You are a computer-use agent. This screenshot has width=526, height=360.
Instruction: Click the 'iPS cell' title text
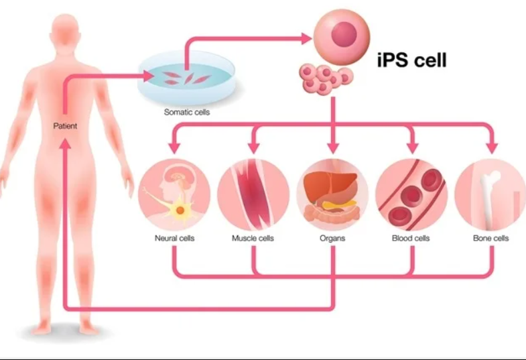[x=412, y=60]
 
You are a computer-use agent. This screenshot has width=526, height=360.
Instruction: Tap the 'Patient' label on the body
[x=65, y=126]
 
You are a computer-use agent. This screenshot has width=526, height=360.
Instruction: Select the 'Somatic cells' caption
[x=187, y=112]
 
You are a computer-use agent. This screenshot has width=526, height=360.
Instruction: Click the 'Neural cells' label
[x=174, y=238]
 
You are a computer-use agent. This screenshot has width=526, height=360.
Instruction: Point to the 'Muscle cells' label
[x=253, y=238]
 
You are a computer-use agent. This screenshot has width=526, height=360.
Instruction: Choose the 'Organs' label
[x=332, y=238]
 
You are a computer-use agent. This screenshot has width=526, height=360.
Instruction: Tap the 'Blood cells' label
[x=411, y=238]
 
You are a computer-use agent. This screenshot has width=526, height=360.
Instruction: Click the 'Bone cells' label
[x=490, y=238]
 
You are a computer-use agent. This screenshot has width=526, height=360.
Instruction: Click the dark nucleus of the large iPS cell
[x=344, y=35]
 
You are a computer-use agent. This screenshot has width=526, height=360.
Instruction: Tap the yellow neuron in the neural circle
[x=180, y=210]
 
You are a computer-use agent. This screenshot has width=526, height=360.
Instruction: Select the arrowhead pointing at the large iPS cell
[x=307, y=39]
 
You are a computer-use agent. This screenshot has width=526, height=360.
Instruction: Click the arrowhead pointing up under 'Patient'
[x=66, y=144]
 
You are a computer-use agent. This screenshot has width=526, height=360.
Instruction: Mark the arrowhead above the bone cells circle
[x=492, y=147]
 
